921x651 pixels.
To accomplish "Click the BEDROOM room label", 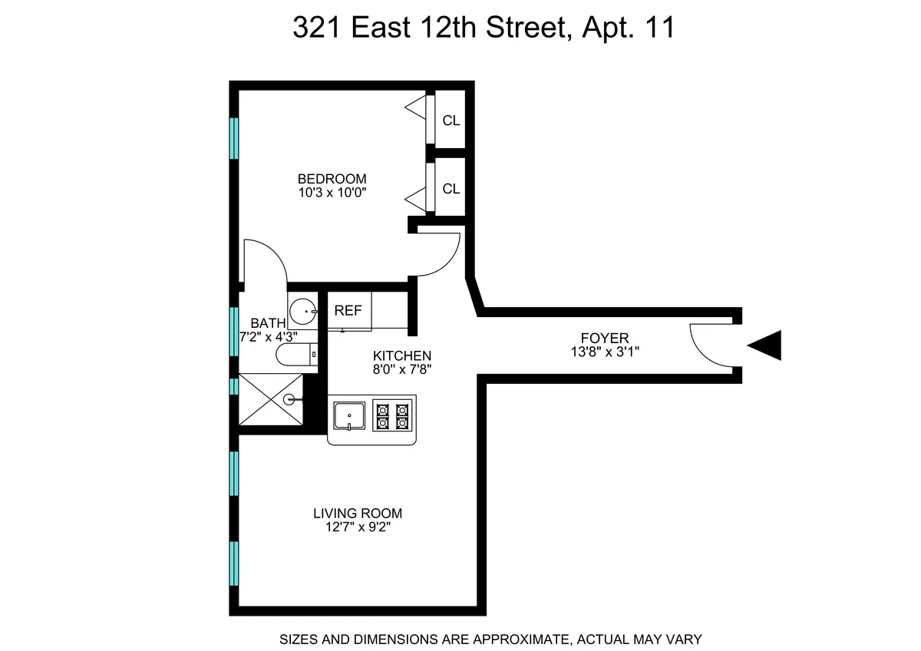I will point(332,179).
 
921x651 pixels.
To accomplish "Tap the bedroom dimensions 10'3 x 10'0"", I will point(332,193).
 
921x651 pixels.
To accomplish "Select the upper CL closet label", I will point(451,121).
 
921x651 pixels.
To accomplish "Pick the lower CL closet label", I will point(451,188).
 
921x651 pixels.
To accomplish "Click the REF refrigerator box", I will point(348,311).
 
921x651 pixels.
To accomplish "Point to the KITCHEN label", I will point(402,355).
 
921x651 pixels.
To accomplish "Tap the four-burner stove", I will point(392,416).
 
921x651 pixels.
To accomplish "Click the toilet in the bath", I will point(295,355).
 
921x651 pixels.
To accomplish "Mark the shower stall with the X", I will point(271,399).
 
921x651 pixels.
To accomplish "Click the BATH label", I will point(268,323).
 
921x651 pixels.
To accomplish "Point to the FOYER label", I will point(605,338).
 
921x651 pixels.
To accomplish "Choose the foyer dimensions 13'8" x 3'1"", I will point(605,352).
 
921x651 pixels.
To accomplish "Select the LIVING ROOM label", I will point(358,514).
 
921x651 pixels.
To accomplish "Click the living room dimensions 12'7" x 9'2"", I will point(358,527).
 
